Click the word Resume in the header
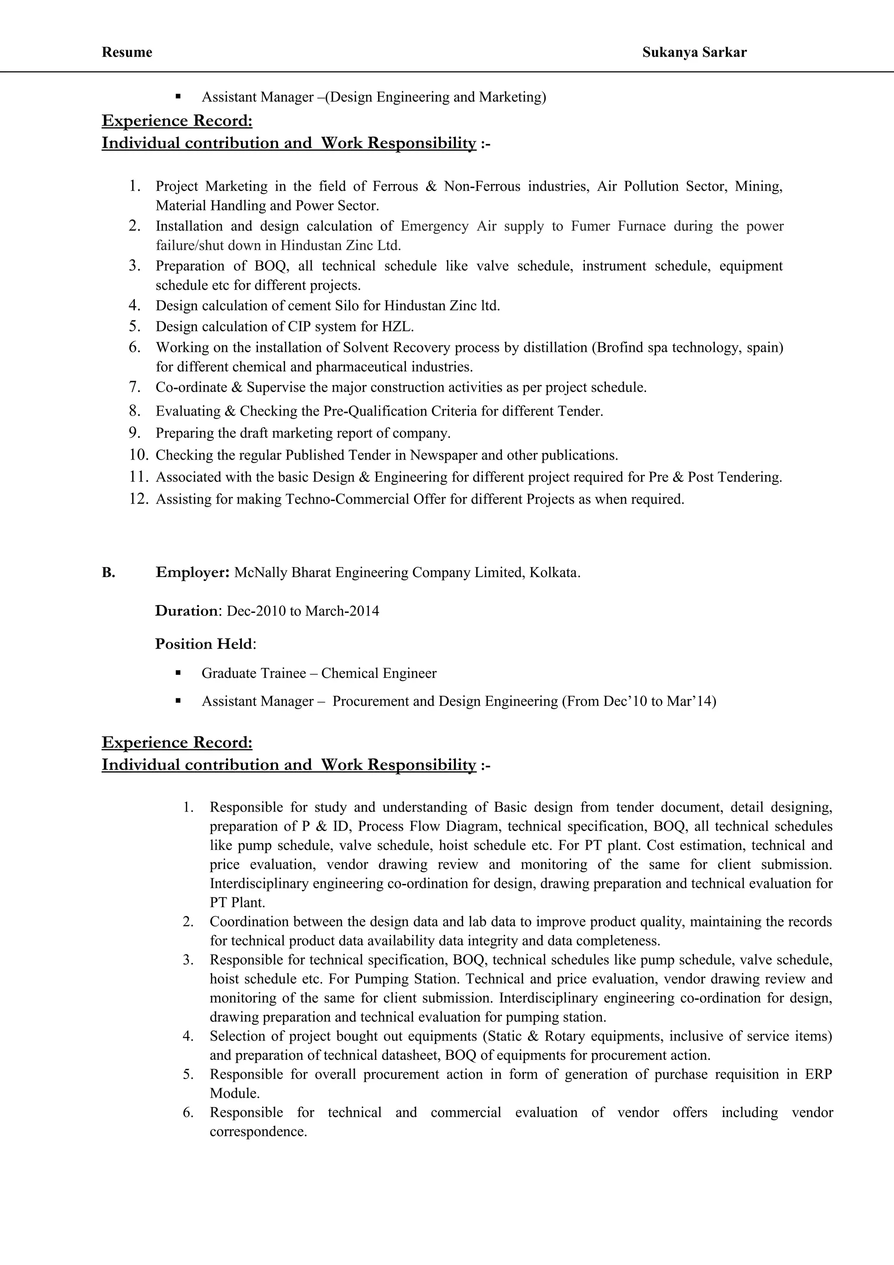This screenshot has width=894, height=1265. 127,52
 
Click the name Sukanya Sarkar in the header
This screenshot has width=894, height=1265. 694,52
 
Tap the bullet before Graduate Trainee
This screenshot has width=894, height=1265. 178,673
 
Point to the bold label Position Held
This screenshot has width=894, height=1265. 204,644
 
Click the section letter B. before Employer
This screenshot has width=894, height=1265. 109,573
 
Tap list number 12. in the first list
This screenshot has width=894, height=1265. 139,499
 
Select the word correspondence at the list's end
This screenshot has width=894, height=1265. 258,1132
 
